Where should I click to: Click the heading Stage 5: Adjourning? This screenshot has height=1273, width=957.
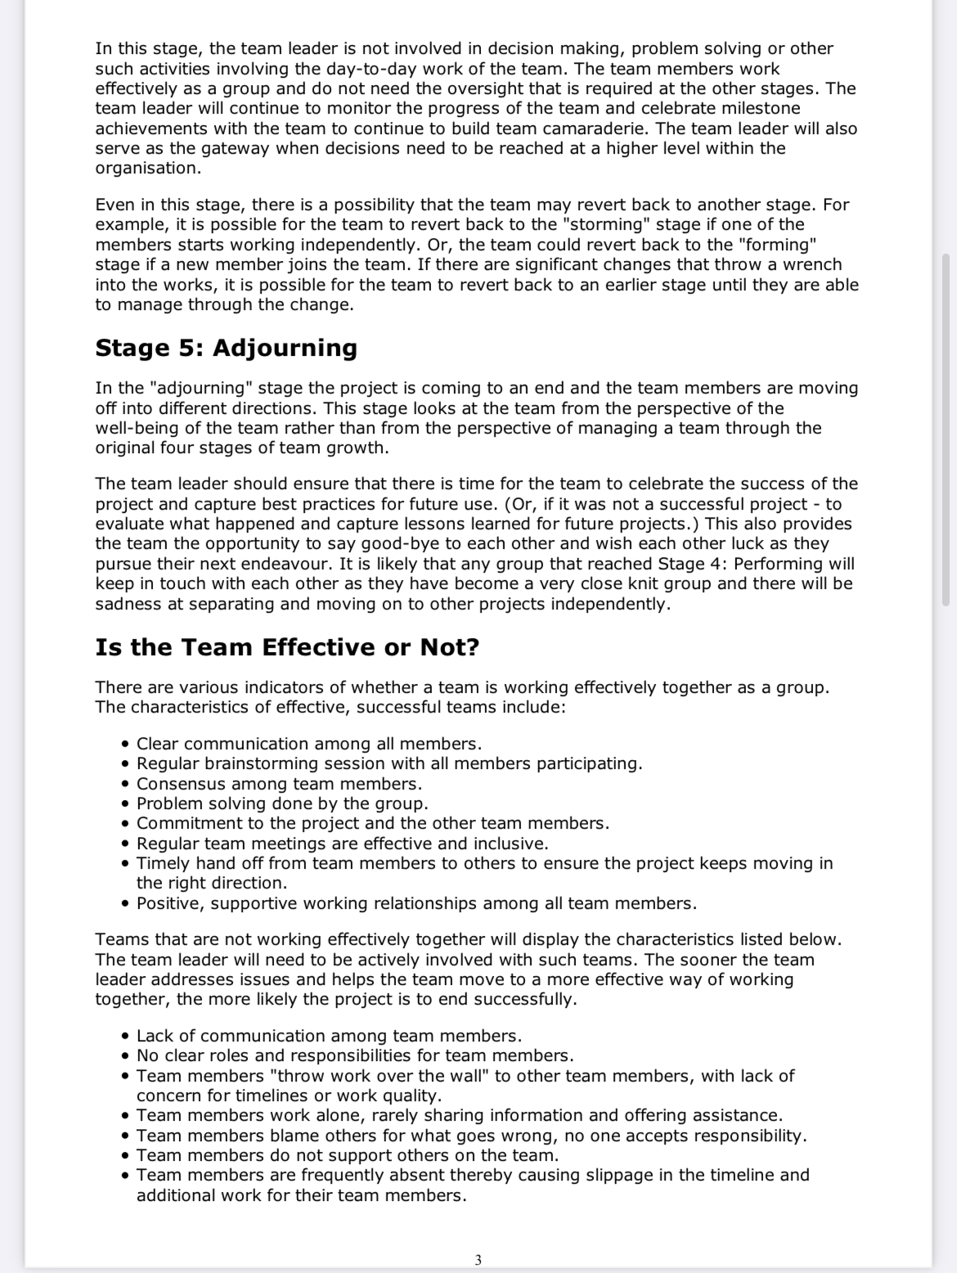coord(227,349)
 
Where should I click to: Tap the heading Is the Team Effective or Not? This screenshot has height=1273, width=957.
coord(287,648)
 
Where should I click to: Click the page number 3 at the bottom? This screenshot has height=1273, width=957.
coord(478,1260)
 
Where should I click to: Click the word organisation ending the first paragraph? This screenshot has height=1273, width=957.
coord(147,169)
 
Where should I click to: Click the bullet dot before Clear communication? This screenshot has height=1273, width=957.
coord(125,744)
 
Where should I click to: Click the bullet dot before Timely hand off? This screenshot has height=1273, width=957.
coord(125,864)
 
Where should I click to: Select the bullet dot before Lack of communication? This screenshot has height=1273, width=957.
coord(125,1037)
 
